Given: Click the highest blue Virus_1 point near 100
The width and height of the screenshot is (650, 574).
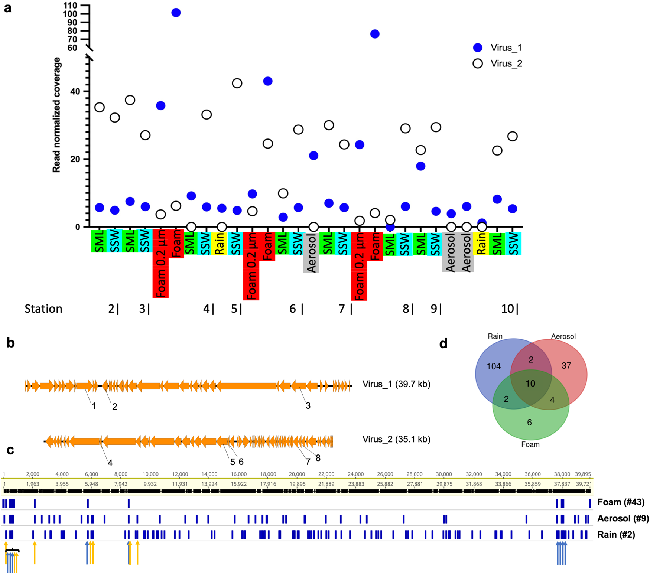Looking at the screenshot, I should pos(176,13).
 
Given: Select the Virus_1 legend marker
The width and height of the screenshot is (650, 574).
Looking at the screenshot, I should pos(478,48).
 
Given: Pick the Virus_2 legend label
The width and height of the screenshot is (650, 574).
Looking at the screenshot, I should pos(506,63).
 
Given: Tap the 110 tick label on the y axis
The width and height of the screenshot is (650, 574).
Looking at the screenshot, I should pos(70,6).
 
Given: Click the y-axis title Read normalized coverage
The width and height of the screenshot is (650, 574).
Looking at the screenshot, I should pos(56,115).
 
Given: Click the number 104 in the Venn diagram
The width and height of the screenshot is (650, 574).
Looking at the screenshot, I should pos(494,366).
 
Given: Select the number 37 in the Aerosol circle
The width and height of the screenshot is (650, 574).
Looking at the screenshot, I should pos(566,366).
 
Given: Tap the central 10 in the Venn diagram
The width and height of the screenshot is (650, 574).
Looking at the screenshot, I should pos(530,384).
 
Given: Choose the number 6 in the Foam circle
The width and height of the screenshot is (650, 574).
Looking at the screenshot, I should pos(530,422).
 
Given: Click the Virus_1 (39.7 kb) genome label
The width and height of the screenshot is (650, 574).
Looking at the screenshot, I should pos(396,384).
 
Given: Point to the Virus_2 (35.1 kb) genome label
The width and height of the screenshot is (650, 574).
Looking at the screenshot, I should pos(396,439).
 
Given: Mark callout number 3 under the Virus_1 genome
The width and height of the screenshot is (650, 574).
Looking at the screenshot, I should pos(308,406).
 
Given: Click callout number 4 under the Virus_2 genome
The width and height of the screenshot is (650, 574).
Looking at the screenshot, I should pos(110,463).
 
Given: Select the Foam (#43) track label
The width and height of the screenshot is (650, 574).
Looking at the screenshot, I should pos(621,502).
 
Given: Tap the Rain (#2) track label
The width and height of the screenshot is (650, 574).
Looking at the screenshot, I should pos(616,535).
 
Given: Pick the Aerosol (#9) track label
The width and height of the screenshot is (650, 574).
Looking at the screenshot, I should pos(623,518).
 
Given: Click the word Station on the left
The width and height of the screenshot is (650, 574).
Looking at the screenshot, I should pos(43,309).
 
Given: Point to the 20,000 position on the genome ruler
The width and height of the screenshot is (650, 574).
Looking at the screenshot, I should pos(297,474).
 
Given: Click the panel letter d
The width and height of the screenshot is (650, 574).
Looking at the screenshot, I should pos(443,343).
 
